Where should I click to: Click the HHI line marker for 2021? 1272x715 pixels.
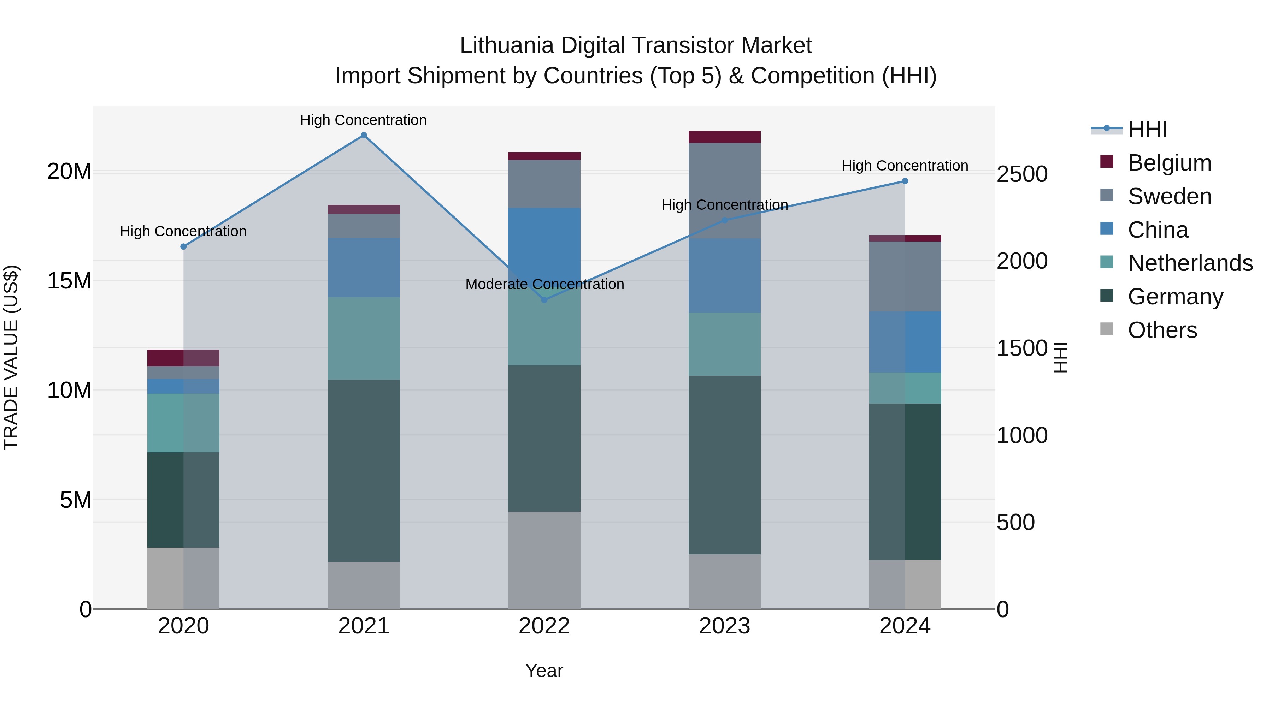(x=364, y=135)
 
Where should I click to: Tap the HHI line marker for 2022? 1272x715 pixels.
(x=544, y=299)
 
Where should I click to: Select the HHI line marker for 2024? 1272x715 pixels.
(x=905, y=181)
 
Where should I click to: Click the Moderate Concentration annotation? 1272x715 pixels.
(x=544, y=284)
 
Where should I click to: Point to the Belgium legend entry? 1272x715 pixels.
(x=1169, y=163)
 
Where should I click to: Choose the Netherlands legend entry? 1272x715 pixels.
(x=1190, y=263)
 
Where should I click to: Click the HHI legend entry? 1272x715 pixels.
(x=1147, y=129)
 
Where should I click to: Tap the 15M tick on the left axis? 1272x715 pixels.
(x=69, y=281)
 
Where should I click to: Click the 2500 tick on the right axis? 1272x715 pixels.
(x=1021, y=174)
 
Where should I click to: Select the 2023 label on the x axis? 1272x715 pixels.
(x=724, y=626)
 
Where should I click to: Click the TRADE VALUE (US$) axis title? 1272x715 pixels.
(x=11, y=357)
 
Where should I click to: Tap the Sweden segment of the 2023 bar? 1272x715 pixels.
(x=724, y=190)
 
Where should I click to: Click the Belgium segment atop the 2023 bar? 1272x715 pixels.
(x=724, y=137)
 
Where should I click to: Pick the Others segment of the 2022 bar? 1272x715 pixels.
(x=544, y=560)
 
